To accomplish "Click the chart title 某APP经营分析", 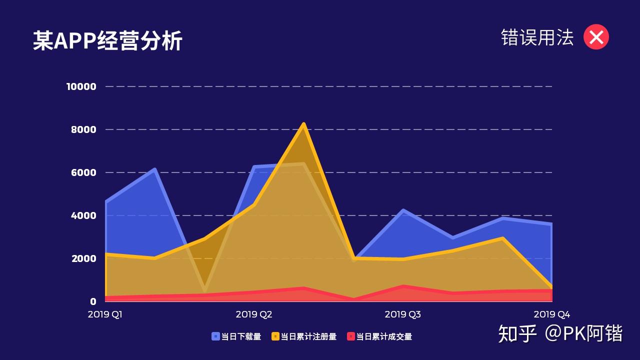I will point(107,40).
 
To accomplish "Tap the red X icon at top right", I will point(596,37).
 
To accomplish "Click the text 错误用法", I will point(537,37).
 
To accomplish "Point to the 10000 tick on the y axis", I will point(81,86).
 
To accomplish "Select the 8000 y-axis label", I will point(83,129).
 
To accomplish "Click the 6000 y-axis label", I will point(83,172).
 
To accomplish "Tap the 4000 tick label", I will point(83,215).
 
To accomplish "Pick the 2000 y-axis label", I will point(83,258).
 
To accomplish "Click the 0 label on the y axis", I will point(93,301).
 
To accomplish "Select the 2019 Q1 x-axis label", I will point(105,314).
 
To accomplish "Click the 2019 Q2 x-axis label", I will point(254,314).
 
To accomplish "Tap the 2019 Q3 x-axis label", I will point(402,314).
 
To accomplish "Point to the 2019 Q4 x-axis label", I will point(551,314).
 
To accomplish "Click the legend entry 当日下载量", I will point(236,336).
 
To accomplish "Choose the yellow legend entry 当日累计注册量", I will point(304,336).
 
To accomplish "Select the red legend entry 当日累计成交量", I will point(379,336).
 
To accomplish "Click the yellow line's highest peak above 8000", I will point(303,124).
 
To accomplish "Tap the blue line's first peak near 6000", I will point(155,169).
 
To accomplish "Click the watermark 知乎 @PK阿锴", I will point(560,333).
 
